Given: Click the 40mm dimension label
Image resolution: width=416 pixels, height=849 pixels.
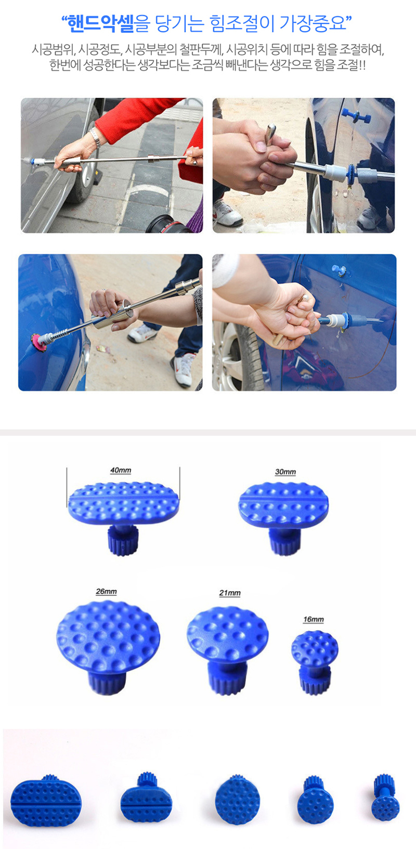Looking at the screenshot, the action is (x=121, y=471).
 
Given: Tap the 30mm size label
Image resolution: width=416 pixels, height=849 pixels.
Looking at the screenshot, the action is (x=285, y=472).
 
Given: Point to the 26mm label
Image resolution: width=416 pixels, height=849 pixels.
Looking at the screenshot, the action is (x=106, y=592).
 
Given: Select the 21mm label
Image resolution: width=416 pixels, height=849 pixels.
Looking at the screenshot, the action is (x=230, y=593).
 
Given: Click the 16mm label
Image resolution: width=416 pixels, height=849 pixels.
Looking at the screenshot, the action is (x=313, y=619).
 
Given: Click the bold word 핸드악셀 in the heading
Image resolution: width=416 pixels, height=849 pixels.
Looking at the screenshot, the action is (x=101, y=24).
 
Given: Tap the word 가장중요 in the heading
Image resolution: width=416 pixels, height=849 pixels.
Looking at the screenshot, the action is (x=312, y=24).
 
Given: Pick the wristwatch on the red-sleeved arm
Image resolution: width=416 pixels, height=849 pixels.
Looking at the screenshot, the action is (x=95, y=137).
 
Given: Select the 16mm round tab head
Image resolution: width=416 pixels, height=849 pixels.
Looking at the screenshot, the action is (x=315, y=646).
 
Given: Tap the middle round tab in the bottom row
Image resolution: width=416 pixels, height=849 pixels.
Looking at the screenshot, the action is (x=237, y=800).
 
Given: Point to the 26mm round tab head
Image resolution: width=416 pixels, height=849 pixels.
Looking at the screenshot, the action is (x=108, y=637).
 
